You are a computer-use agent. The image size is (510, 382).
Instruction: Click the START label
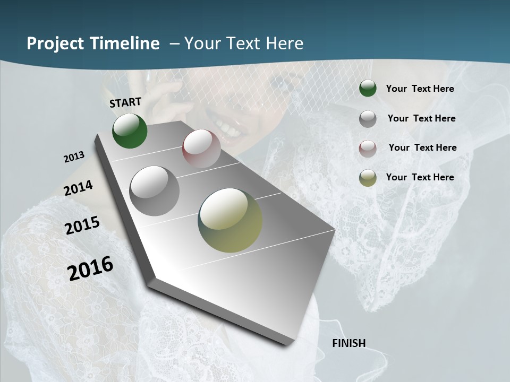pos(125,102)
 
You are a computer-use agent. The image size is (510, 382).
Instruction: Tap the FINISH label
pos(349,343)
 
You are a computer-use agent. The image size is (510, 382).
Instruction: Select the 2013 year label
pos(74,157)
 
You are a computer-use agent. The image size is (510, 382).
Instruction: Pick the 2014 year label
pos(78,188)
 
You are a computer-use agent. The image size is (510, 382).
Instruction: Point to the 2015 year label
pos(82,225)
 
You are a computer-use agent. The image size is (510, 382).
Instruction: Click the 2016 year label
pos(90,268)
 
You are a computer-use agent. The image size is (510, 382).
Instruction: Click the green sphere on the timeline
pos(130,131)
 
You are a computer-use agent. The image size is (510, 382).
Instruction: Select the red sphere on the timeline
pos(201,149)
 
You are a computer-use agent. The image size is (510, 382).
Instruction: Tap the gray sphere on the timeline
pos(154,190)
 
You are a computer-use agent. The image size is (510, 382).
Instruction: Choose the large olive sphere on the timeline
pos(230,220)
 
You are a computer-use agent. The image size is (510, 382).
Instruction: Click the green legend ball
pos(368,89)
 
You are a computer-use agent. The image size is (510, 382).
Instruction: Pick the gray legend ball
pos(368,119)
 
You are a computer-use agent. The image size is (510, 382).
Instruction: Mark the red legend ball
pos(368,149)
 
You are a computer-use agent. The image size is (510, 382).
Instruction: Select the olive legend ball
pos(368,178)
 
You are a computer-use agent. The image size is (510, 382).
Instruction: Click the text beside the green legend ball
pos(420,89)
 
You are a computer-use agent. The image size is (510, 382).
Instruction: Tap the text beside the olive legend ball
pos(420,177)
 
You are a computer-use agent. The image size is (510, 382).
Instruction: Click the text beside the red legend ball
pos(422,147)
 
